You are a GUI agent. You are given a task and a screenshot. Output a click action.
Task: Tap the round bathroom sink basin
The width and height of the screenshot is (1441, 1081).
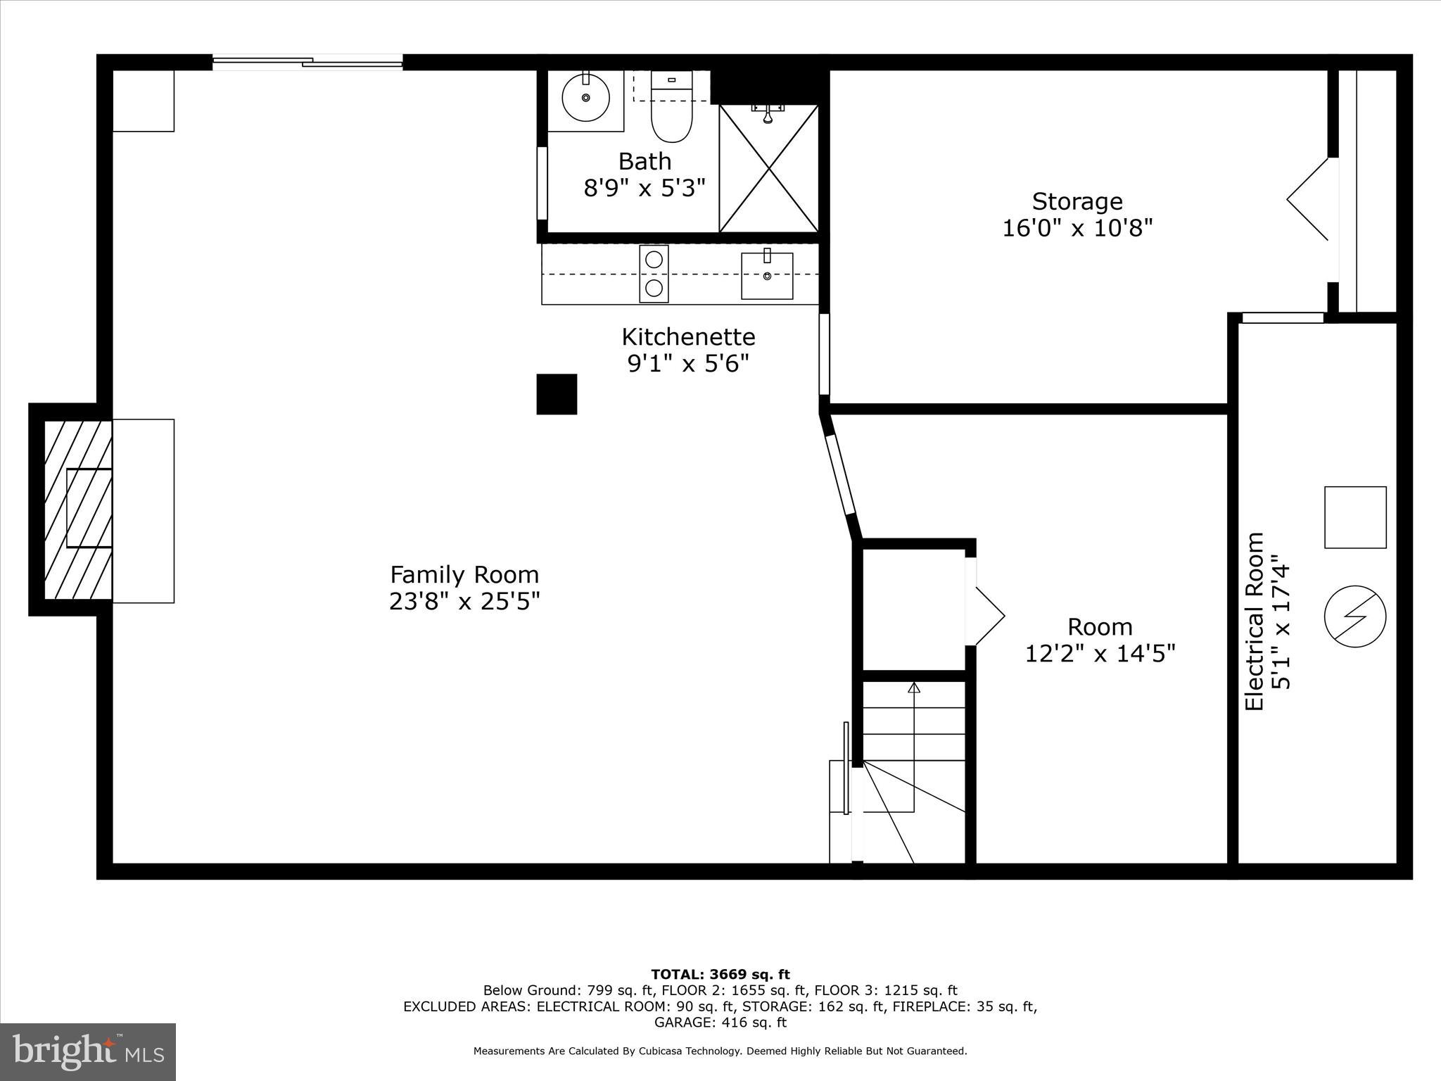click(x=585, y=98)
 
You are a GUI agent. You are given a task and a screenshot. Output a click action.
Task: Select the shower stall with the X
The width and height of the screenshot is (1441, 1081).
click(x=768, y=169)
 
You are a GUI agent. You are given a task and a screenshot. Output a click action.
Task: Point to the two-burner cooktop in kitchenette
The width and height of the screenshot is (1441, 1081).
click(x=654, y=274)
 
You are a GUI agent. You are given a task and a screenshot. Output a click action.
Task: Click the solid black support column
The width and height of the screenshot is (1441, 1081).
click(x=557, y=394)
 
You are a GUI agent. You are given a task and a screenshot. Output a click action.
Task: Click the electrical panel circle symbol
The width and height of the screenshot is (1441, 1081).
click(x=1354, y=616)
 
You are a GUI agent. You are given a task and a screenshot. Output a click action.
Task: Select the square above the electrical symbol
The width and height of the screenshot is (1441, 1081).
click(x=1354, y=517)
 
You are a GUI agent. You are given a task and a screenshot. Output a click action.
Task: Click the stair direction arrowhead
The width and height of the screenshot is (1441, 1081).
click(x=914, y=688)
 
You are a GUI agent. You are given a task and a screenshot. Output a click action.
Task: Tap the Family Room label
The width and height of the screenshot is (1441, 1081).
click(x=464, y=575)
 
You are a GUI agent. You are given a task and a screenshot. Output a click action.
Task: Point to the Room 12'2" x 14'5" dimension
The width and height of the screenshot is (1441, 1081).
click(x=1100, y=654)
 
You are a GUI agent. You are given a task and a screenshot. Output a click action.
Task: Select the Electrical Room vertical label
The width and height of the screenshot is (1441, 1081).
click(x=1255, y=621)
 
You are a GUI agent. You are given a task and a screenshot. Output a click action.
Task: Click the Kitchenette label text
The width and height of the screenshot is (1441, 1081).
click(x=688, y=337)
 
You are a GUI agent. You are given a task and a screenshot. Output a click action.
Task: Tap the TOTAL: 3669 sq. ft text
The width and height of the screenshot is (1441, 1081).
click(x=720, y=975)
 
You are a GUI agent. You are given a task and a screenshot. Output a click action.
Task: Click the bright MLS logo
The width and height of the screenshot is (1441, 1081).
click(x=88, y=1051)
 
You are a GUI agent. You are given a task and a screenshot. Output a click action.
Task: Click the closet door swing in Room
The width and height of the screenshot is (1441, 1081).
click(x=989, y=617)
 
